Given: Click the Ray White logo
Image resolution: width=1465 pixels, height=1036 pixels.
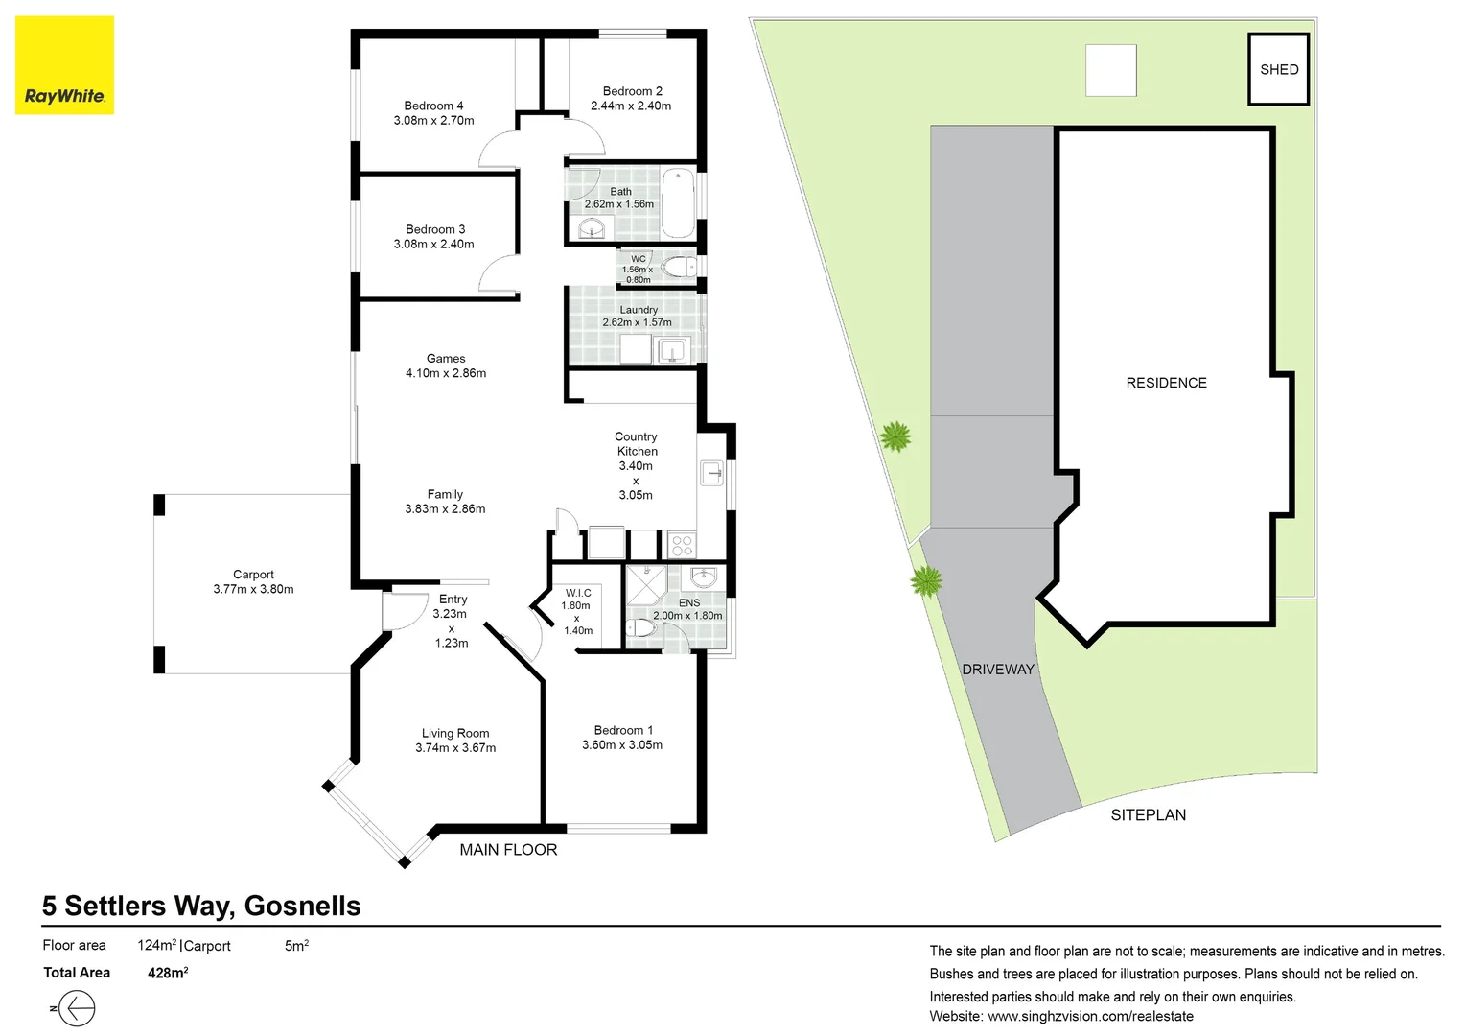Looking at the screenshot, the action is point(64,65).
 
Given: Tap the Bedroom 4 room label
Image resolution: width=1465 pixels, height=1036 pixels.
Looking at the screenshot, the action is point(433,106).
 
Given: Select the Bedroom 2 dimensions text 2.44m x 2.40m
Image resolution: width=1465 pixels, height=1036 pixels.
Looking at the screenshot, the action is point(631,106).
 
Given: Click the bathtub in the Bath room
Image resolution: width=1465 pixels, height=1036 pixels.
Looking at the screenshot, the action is point(678,202).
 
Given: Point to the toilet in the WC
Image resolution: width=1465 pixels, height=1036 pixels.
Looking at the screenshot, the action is point(679,267).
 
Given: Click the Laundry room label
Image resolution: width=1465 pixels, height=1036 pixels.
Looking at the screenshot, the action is point(639,310).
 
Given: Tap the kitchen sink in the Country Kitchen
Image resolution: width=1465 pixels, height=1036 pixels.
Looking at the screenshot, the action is point(711,473).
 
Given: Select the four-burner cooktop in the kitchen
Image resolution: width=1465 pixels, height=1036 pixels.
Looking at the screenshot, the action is point(682,546).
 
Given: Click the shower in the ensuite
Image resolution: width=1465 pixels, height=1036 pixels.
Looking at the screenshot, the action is point(646,584).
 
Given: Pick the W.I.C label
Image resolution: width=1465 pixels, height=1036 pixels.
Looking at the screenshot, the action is point(578,593).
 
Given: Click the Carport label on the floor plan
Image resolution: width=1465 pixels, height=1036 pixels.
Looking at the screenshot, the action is point(253,574).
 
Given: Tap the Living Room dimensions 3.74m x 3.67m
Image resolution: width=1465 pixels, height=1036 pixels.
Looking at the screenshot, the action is point(455,747).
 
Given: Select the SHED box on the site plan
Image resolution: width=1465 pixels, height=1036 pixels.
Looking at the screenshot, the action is point(1279,69).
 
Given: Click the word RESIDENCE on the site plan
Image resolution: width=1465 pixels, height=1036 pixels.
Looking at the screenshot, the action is point(1166,383).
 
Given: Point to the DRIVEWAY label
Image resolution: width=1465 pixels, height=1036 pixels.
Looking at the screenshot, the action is point(998,669).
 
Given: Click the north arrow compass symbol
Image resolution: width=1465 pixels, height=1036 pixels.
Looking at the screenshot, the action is point(76,1008).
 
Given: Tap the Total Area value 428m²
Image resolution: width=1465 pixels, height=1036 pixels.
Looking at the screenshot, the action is point(168,973).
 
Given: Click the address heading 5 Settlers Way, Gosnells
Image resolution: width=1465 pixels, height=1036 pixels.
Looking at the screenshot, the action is point(201,906).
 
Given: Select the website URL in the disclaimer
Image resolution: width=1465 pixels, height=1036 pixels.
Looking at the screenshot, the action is point(1090,1016).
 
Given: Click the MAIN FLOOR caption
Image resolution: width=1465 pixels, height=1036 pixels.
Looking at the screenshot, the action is point(508,850).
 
